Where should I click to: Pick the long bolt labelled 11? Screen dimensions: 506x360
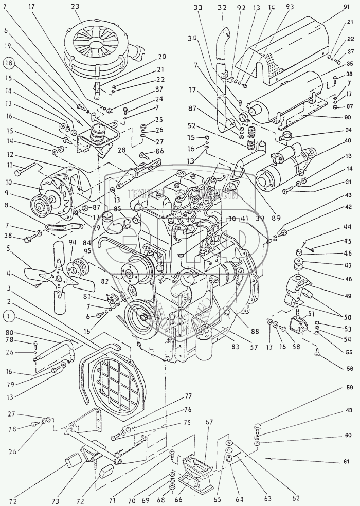[26, 169]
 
